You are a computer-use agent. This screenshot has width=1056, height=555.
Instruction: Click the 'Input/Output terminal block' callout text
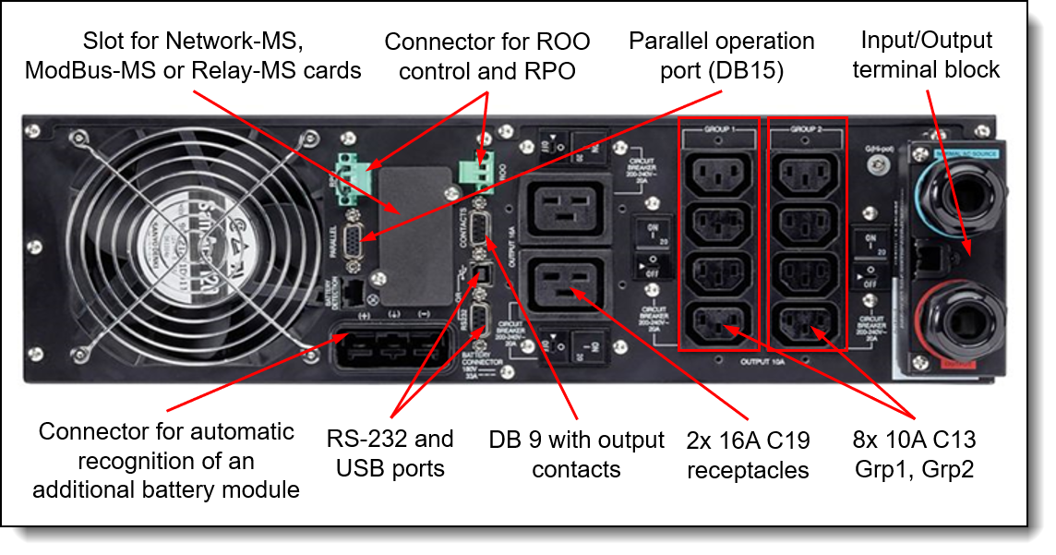(x=926, y=54)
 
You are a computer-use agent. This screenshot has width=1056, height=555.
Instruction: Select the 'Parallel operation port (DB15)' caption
(x=722, y=55)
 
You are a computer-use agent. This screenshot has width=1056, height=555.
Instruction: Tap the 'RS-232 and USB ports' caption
(x=390, y=453)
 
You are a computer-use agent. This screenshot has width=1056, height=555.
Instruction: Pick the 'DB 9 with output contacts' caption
(x=576, y=454)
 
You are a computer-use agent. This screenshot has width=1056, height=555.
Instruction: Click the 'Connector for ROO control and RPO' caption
(x=487, y=55)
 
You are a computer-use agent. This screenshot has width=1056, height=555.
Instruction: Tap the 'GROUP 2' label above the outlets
(x=806, y=131)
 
